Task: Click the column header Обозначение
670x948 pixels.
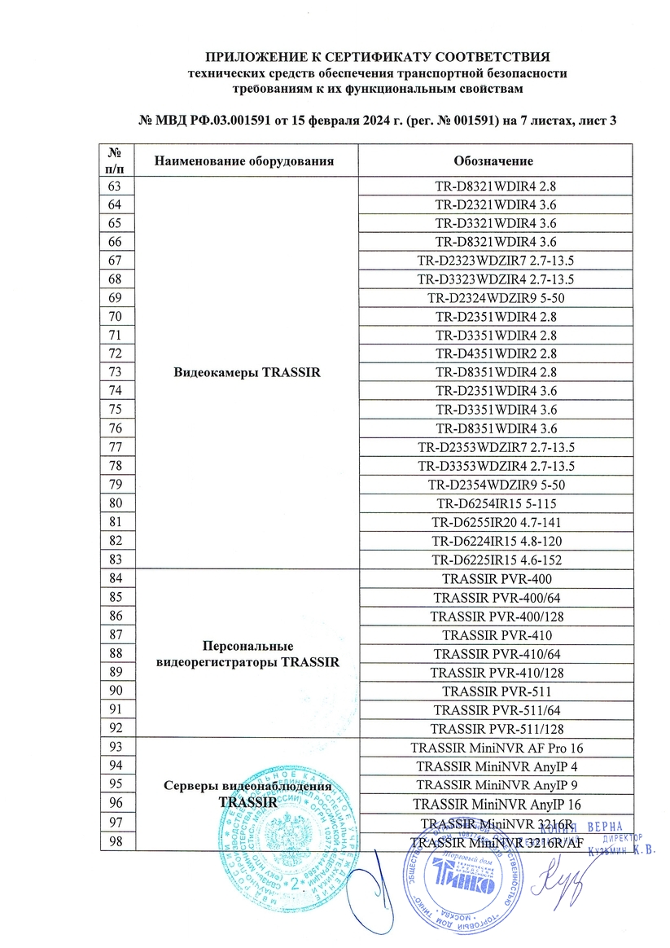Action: (494, 160)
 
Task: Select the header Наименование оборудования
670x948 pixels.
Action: (245, 160)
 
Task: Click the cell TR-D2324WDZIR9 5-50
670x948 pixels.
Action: (496, 297)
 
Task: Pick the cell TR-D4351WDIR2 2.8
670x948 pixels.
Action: (496, 353)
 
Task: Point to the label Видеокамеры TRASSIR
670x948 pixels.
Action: (245, 373)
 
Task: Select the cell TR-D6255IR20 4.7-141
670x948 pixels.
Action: (496, 523)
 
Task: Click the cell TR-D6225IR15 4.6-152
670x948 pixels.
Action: (496, 560)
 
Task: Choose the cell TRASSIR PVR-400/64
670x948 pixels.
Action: (496, 598)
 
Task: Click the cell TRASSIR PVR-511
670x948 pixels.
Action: (496, 691)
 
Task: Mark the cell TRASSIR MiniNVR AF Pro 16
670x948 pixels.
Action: (496, 748)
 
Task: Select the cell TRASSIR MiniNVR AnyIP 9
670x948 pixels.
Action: (496, 785)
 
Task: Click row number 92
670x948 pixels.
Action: (115, 728)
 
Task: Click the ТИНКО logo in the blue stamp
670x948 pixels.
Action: (468, 880)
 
